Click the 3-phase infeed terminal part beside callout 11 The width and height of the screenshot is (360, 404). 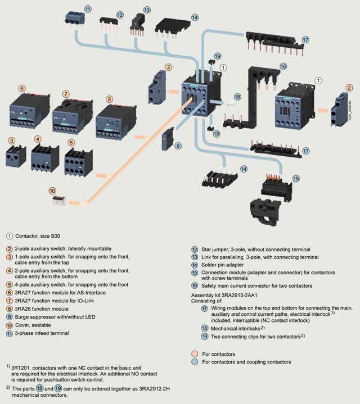click(x=75, y=16)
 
